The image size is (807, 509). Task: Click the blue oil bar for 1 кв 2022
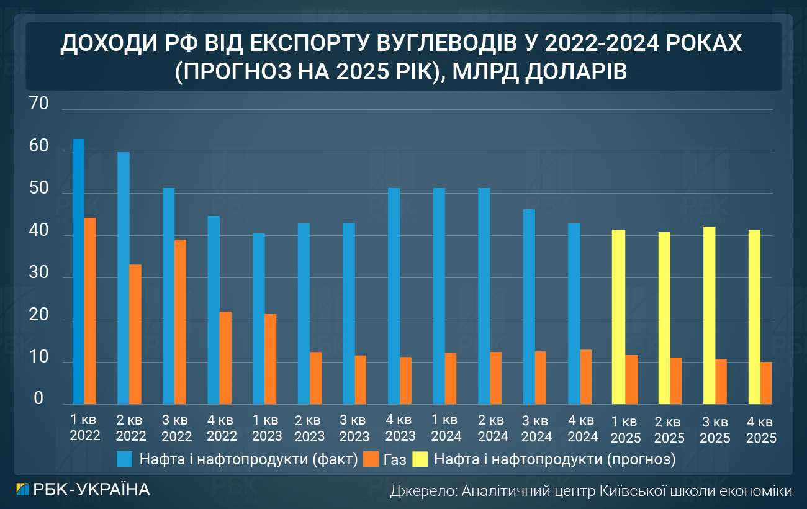(78, 271)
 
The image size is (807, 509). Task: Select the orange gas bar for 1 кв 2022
(91, 311)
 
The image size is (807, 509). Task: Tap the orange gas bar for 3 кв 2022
(181, 322)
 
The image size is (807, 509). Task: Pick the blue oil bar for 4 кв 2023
(394, 296)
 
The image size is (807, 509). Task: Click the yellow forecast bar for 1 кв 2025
(618, 317)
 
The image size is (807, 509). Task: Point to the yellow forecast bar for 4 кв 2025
(754, 317)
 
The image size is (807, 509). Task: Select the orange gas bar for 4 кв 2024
(586, 377)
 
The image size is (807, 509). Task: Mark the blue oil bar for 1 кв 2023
(259, 318)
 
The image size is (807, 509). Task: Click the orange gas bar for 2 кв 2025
(676, 381)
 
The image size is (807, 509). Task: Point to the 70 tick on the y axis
(38, 105)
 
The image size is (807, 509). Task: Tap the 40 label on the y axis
(38, 231)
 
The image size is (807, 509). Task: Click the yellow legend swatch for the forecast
(420, 459)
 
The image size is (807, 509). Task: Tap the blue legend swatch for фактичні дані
(125, 459)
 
